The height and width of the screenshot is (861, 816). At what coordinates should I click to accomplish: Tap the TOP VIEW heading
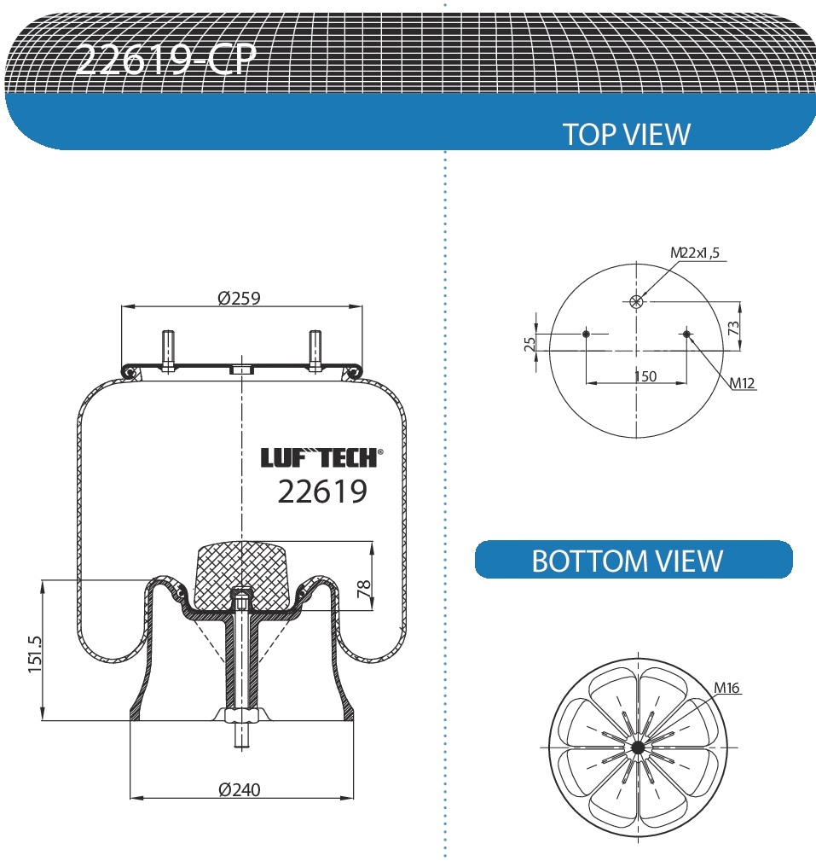(x=626, y=134)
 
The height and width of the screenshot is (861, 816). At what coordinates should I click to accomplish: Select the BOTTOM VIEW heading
(x=627, y=561)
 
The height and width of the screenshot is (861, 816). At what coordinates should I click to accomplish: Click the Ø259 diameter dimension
(x=239, y=298)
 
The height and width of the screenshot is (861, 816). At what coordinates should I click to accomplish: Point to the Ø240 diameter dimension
(x=240, y=789)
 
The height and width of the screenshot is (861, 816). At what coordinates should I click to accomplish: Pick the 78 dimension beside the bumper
(x=365, y=590)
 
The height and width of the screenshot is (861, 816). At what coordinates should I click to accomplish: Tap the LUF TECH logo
(x=321, y=458)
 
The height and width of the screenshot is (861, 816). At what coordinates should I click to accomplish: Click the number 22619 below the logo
(x=322, y=492)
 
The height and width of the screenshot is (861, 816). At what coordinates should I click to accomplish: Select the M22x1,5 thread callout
(x=694, y=253)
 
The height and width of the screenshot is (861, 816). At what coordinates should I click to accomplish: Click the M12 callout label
(x=742, y=382)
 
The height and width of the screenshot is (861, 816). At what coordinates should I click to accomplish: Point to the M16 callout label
(x=726, y=688)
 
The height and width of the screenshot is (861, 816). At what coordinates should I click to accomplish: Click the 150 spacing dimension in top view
(x=645, y=376)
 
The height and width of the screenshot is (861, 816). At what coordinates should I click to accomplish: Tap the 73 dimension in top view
(x=732, y=326)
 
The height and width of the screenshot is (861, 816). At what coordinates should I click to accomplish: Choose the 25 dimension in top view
(x=530, y=343)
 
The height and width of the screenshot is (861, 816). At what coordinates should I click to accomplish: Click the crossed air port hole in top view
(x=636, y=300)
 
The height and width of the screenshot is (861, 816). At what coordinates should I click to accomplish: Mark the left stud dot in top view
(x=586, y=334)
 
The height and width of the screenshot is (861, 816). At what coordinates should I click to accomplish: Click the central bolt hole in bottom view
(x=637, y=748)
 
